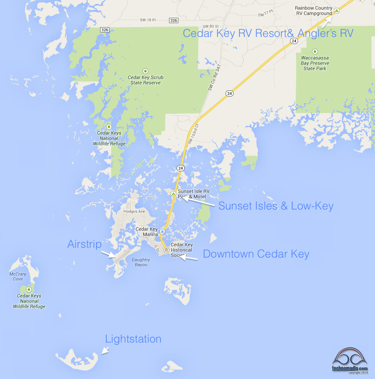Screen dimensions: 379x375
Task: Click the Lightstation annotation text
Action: (x=133, y=339)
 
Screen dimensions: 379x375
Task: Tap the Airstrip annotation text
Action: (x=84, y=244)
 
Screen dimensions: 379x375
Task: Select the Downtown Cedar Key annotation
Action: (x=256, y=254)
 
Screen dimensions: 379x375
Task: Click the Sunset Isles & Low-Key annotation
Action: (x=276, y=206)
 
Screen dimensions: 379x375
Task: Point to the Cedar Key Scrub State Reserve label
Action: (x=145, y=80)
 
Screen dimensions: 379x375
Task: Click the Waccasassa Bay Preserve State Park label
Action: (x=315, y=63)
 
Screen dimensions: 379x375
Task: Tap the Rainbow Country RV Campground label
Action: (x=314, y=11)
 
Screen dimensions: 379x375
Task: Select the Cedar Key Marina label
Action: (x=147, y=232)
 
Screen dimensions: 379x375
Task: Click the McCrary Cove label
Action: (x=18, y=276)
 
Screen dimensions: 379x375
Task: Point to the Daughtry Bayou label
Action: (x=141, y=262)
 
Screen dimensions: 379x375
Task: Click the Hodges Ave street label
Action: (x=134, y=211)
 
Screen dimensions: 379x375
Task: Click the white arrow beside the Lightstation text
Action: (x=105, y=351)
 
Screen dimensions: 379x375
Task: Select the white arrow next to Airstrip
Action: (x=108, y=254)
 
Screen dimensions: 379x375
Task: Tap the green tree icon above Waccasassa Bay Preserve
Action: (x=315, y=51)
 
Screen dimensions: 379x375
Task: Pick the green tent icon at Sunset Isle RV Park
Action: (x=173, y=194)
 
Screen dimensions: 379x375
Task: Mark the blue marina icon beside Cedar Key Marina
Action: (x=163, y=231)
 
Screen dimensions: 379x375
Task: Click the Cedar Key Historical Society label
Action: (x=181, y=250)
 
